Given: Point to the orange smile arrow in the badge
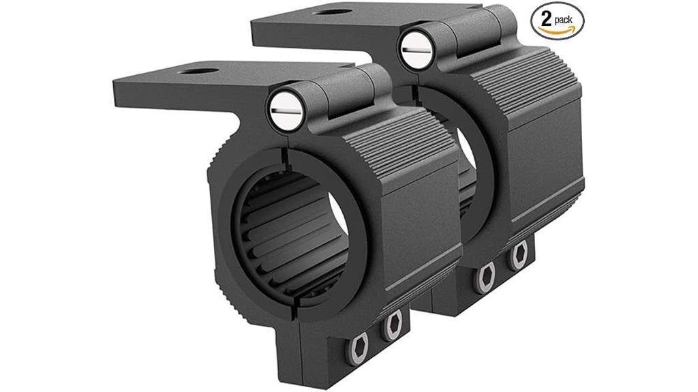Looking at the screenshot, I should tap(556, 31).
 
